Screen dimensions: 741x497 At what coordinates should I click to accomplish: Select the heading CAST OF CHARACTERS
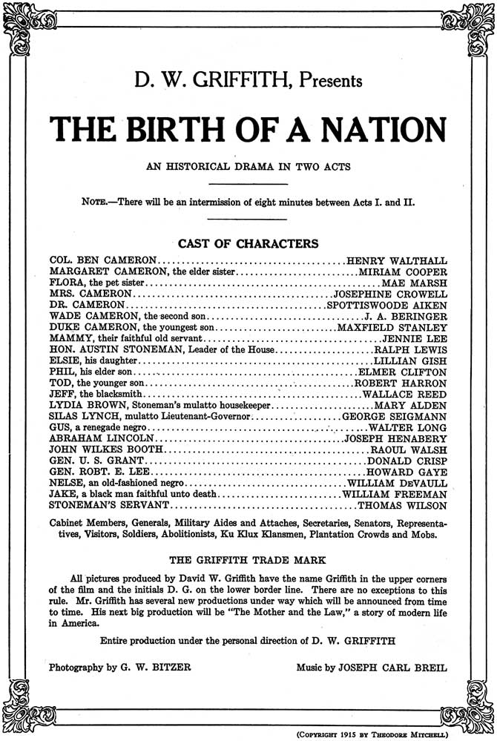pos(249,243)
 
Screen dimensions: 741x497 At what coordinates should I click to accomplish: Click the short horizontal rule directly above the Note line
pos(249,183)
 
